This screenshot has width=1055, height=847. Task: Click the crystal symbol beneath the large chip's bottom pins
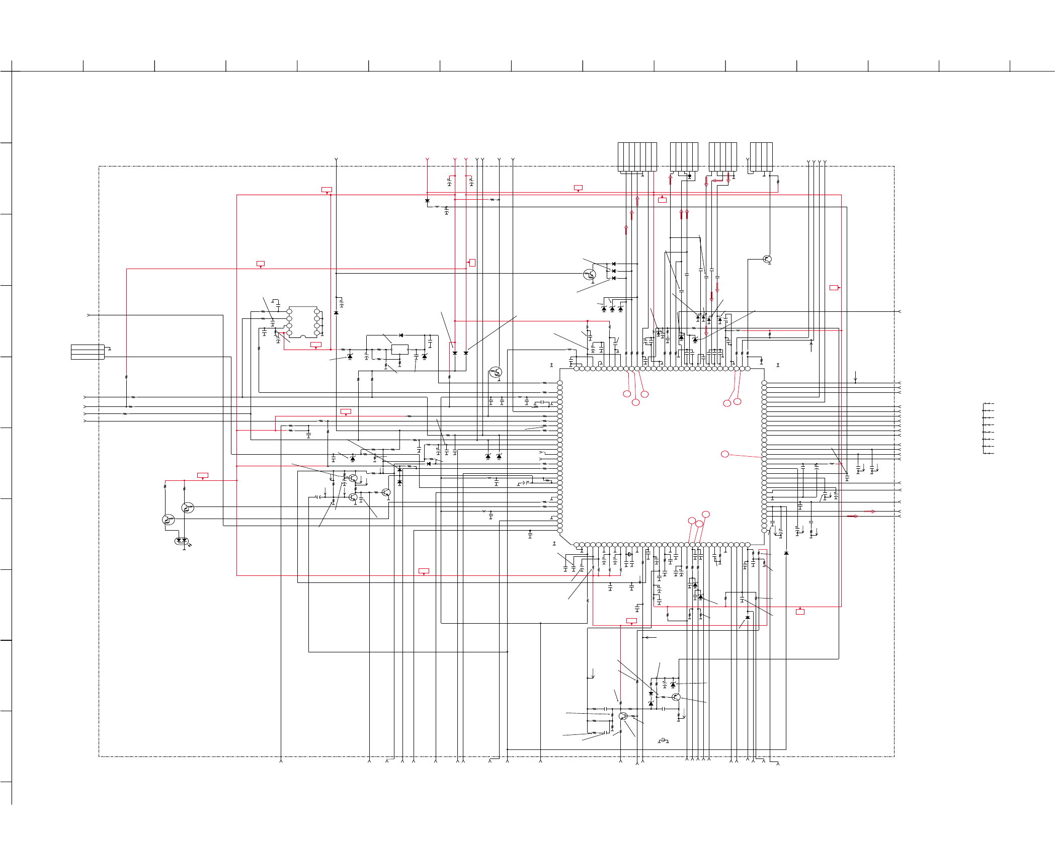[629, 554]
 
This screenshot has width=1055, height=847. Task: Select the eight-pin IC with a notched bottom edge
[303, 322]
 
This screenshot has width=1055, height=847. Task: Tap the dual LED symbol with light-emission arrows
[181, 541]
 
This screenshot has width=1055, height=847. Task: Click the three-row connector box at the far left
[88, 352]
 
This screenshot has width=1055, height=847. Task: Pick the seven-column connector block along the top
[637, 157]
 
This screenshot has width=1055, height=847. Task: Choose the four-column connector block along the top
[761, 157]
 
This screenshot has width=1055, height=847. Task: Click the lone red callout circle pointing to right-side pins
[725, 454]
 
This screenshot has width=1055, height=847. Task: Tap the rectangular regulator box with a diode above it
[399, 349]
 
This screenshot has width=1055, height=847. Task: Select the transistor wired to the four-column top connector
[767, 260]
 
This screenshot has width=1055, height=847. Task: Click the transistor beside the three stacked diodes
[589, 275]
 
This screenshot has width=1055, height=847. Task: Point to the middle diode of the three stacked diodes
[613, 271]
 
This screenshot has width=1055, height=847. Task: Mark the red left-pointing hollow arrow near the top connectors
[717, 180]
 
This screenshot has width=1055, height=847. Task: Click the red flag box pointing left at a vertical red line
[472, 263]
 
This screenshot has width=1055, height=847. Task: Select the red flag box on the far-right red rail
[834, 288]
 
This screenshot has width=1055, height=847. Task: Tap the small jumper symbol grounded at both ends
[664, 740]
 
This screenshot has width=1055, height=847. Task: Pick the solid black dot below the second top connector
[689, 176]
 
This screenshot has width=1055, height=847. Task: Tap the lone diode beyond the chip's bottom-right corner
[786, 553]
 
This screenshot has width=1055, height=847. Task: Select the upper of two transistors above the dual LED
[187, 508]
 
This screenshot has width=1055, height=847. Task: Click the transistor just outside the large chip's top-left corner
[496, 372]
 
